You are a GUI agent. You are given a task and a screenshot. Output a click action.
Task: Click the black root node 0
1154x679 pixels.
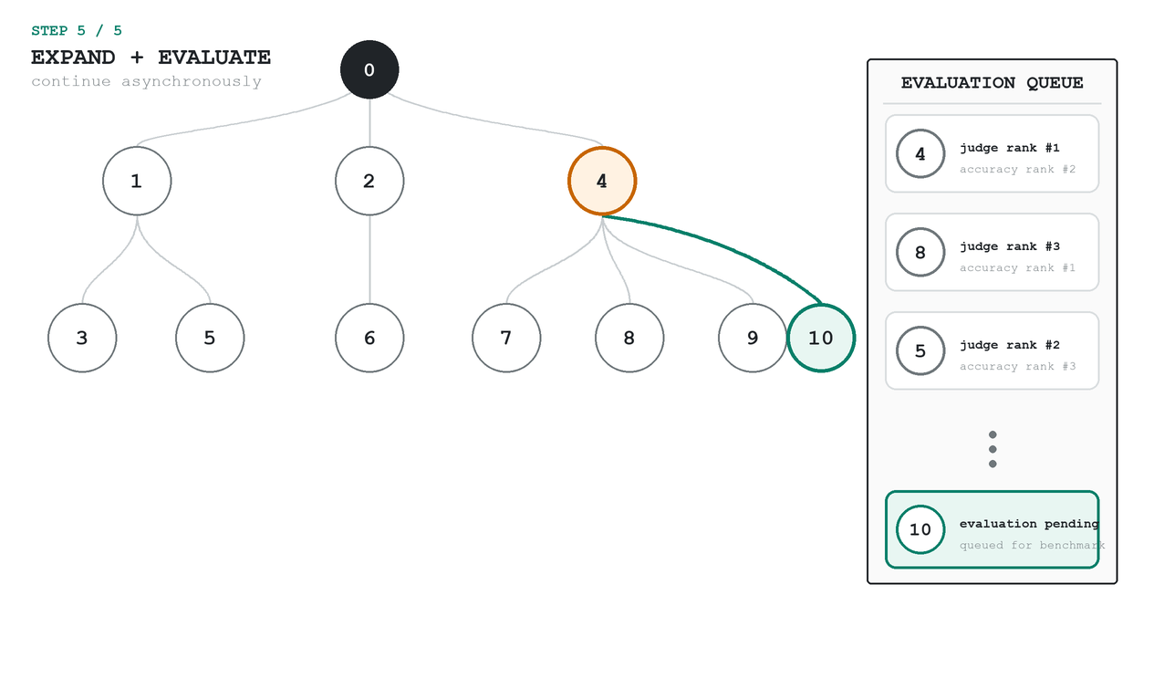(369, 69)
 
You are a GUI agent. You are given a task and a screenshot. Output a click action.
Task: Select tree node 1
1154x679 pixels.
(137, 181)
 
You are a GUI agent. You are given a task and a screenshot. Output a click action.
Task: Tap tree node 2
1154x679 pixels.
(369, 181)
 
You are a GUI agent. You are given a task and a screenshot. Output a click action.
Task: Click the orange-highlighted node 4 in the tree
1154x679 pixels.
(602, 181)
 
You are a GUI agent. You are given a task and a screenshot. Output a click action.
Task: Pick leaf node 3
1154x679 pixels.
(82, 338)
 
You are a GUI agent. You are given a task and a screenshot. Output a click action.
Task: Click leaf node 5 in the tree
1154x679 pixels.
(210, 338)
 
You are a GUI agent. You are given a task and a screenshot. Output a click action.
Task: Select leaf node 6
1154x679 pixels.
(369, 338)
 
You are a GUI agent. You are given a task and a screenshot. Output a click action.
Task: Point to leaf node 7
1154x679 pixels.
(506, 338)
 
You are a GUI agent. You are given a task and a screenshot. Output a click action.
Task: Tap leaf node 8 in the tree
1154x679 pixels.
(629, 338)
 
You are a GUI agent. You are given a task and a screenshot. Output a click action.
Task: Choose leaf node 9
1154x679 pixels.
(753, 338)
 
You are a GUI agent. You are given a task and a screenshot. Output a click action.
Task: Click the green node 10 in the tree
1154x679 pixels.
(821, 338)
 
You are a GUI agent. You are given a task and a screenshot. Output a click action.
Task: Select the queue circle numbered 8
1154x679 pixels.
(920, 252)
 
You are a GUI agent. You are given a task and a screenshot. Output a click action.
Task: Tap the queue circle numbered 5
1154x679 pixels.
(920, 350)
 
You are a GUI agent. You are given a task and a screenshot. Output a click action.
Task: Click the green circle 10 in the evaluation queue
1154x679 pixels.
(920, 529)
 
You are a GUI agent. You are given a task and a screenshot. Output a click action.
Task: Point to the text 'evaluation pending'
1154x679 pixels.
(1029, 524)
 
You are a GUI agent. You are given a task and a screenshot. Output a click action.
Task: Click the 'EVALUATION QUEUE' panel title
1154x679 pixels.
(992, 83)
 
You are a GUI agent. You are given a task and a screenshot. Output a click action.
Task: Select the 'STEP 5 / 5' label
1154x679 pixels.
(77, 31)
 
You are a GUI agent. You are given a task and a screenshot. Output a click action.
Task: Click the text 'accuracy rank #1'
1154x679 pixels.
(1017, 267)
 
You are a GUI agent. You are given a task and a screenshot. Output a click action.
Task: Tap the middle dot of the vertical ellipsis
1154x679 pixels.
(993, 449)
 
